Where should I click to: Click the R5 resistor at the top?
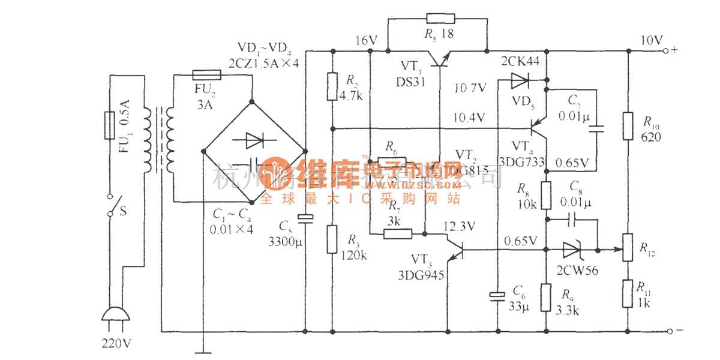coord(436,19)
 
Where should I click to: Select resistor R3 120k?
coord(332,239)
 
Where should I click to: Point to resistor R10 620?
coord(628,125)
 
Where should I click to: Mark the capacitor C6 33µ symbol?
coord(497,296)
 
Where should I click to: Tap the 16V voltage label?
coord(365,40)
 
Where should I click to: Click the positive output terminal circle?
coord(666,52)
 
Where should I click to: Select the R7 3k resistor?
coord(397,233)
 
